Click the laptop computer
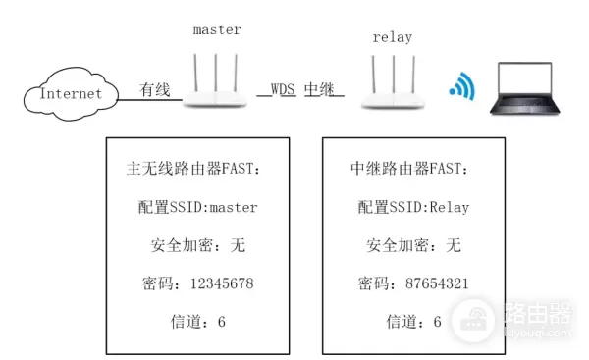tap(531, 88)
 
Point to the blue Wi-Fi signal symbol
tap(461, 86)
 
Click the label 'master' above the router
tap(217, 30)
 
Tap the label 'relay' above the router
tap(393, 38)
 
